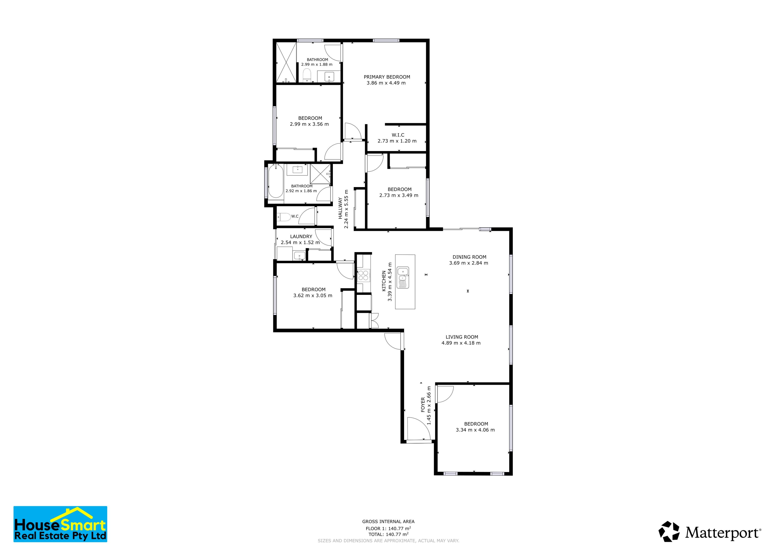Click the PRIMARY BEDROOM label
point(387,77)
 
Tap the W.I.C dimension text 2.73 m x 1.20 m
point(397,141)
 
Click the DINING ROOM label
point(469,257)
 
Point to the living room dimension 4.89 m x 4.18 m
point(461,343)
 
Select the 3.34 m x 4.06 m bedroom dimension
point(475,430)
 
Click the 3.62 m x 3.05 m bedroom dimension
point(313,295)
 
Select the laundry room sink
point(299,256)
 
